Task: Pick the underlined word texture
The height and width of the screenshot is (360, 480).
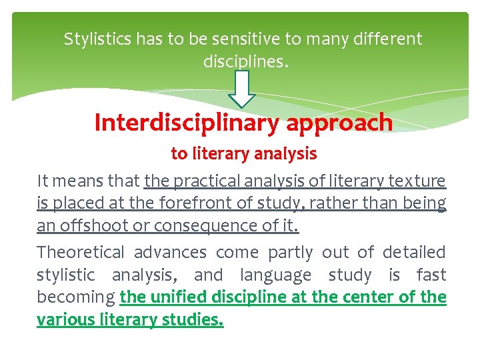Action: [419, 181]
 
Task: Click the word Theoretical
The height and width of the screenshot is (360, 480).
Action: [81, 252]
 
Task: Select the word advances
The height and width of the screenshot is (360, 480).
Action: [170, 252]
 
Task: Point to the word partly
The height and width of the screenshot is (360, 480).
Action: [290, 253]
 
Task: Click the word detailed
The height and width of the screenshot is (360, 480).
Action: [415, 252]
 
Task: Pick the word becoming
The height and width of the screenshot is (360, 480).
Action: [76, 297]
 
